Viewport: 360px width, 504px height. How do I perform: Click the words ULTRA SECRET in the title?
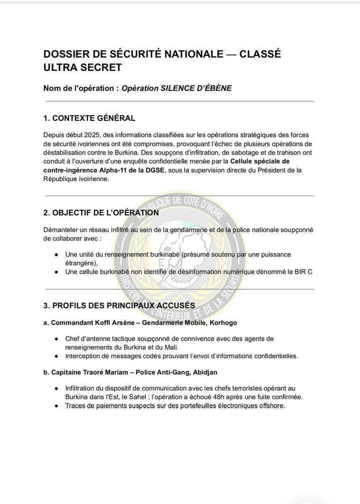[82, 67]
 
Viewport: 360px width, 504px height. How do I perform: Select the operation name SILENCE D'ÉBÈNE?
[195, 88]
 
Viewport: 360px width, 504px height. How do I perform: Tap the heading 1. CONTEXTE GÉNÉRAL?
[89, 118]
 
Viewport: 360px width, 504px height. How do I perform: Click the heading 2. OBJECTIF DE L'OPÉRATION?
[101, 212]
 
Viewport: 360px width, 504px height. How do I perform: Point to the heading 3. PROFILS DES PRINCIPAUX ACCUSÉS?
[119, 305]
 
